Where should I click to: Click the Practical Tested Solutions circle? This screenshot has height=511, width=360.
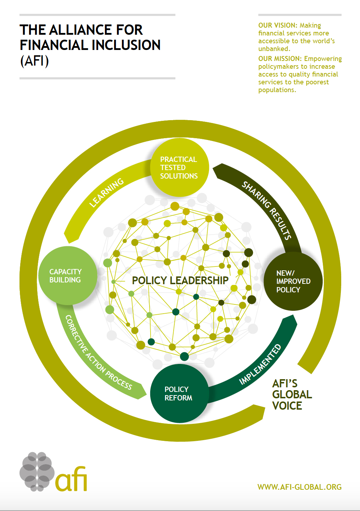pos(180,168)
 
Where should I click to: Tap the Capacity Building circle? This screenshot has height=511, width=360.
pos(67,276)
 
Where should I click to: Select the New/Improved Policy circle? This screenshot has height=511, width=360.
pos(293,281)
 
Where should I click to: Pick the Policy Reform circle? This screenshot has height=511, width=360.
pos(179,393)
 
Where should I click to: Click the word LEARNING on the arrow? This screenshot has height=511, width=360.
pos(106,192)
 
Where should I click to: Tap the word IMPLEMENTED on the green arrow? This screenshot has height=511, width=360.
pos(260,365)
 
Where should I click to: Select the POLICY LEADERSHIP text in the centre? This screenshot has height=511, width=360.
pos(180,280)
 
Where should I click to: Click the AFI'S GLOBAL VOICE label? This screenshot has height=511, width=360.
pos(292,394)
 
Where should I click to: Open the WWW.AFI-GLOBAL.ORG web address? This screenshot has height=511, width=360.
pos(299,487)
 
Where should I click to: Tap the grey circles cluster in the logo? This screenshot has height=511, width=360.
pos(37,472)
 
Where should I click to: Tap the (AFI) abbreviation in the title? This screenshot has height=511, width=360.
pos(34,61)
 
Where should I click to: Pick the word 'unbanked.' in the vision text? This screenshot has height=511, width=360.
pos(274,49)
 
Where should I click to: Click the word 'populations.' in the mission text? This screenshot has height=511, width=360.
pos(277,90)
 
